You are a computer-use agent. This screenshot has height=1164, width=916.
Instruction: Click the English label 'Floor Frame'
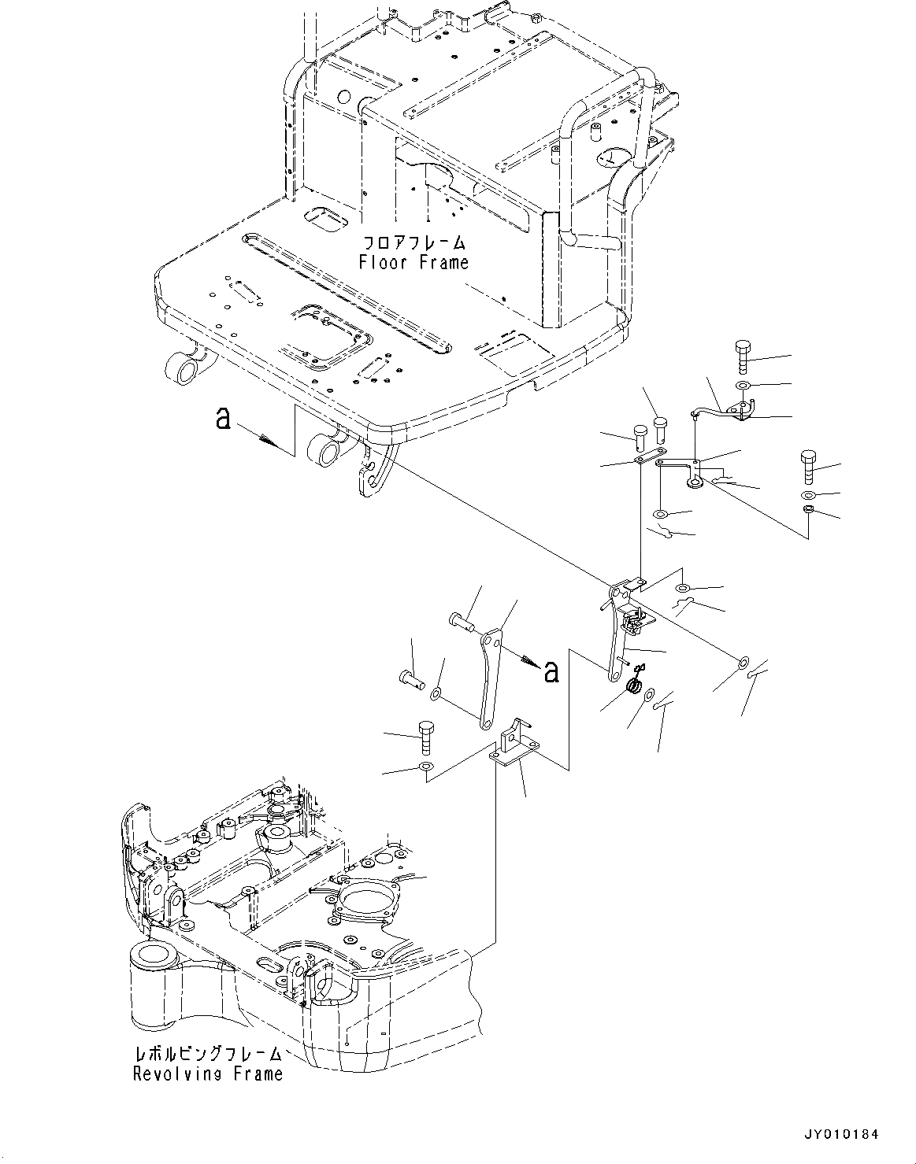click(x=413, y=263)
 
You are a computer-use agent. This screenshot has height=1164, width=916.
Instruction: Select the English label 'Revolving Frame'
click(x=207, y=1073)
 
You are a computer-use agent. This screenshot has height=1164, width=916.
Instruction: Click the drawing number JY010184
click(x=840, y=1134)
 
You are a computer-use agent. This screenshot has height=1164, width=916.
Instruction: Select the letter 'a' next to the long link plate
click(x=551, y=671)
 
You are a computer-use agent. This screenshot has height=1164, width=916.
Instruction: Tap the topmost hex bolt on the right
click(x=743, y=357)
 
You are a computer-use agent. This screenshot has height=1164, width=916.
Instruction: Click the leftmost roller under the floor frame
click(x=180, y=367)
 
